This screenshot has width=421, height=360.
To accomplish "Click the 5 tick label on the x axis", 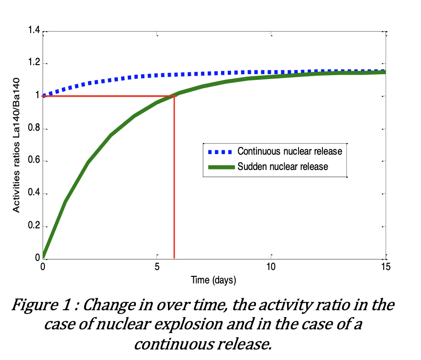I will pos(157,267).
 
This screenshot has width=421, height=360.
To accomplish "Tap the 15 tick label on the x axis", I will pos(385,267).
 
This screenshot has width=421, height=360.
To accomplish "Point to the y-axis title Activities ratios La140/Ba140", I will pos(16,146).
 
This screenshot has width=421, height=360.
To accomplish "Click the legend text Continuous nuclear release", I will pos(290,152).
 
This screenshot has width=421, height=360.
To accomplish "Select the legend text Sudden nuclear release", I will pos(283,167).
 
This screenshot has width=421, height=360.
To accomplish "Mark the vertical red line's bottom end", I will pos(174,258).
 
